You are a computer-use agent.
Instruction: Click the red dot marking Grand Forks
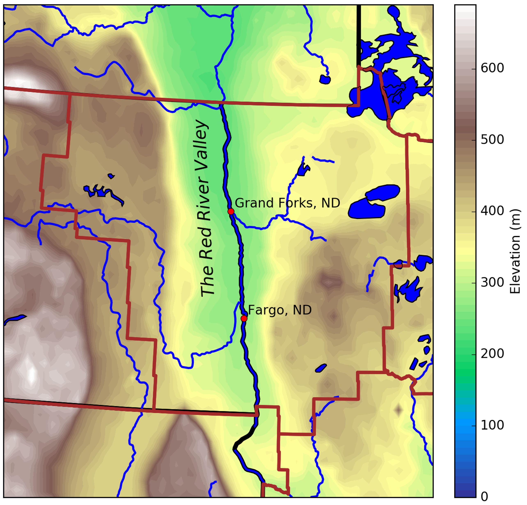[x=231, y=211]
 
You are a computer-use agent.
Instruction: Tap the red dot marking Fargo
[x=244, y=318]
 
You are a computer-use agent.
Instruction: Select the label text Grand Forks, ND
[x=287, y=203]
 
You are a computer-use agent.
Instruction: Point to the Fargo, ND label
[x=280, y=310]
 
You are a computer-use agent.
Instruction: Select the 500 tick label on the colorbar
[x=492, y=140]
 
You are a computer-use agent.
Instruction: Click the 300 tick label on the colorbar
[x=492, y=283]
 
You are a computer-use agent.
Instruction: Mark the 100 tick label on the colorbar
[x=492, y=425]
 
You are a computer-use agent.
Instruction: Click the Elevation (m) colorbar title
[x=515, y=251]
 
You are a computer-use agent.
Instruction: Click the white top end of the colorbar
[x=465, y=8]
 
